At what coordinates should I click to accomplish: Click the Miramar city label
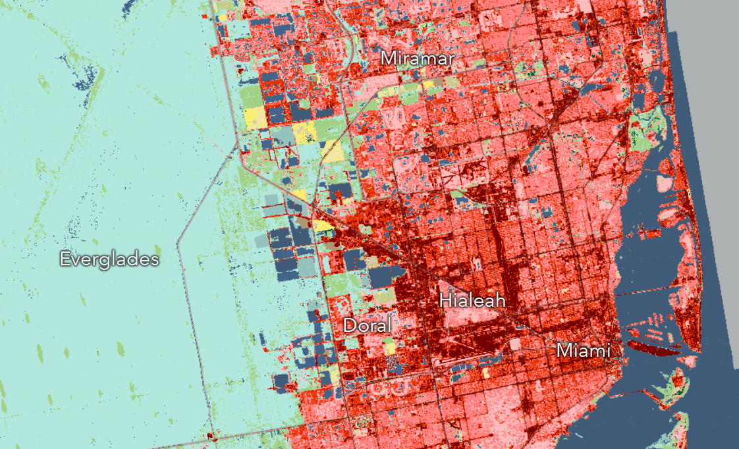[x=418, y=59]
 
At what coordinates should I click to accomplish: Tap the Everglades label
[x=109, y=259]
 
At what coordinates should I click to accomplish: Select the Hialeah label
[x=472, y=301]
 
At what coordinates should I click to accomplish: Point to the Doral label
[x=367, y=325]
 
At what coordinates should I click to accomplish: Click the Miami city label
[x=584, y=350]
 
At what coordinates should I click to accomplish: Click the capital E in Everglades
[x=65, y=259]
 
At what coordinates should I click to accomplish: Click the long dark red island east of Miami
[x=651, y=347]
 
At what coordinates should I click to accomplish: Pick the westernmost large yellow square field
[x=254, y=118]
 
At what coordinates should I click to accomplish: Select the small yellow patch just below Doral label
[x=391, y=347]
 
